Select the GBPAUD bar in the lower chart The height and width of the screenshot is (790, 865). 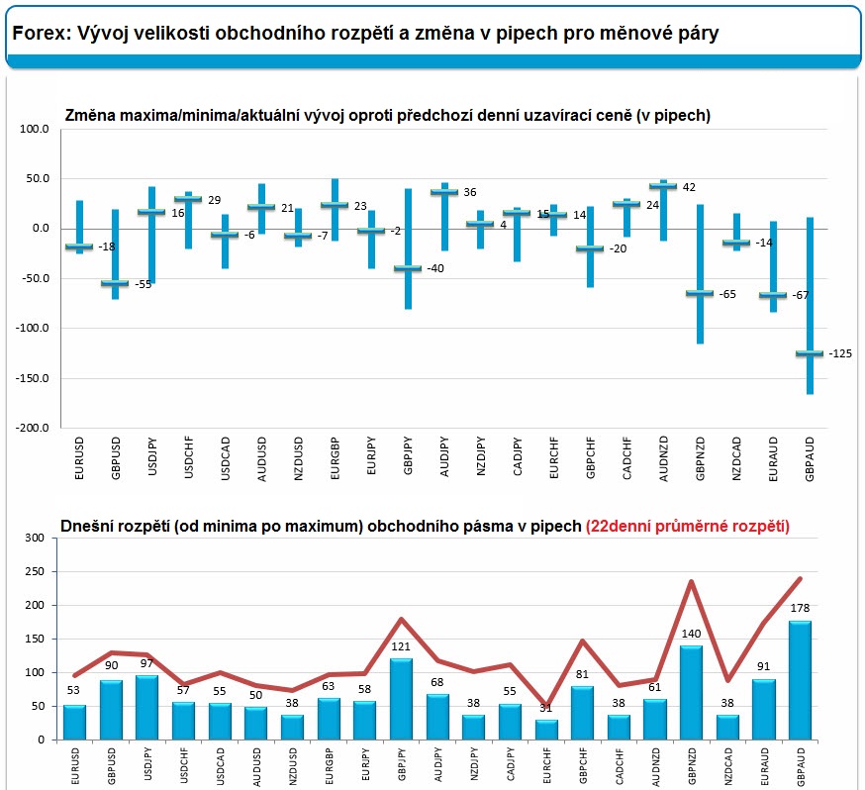pos(800,680)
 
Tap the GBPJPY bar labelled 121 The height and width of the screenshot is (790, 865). pos(401,699)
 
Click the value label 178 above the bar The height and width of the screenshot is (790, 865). pos(800,608)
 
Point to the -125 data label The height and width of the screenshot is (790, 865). pos(840,353)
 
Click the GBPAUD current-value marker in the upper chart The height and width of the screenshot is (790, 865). pos(810,353)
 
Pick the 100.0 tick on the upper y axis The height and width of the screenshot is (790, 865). pos(35,129)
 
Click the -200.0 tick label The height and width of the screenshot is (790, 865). pos(32,428)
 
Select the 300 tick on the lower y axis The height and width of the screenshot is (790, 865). pos(35,538)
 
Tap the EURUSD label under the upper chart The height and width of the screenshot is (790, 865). pos(79,458)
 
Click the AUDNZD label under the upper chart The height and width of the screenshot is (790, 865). pos(664,459)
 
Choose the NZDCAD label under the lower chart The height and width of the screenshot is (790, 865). pos(728,766)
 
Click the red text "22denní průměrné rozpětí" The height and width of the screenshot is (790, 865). pos(688,527)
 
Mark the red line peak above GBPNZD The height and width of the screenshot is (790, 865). pos(691,581)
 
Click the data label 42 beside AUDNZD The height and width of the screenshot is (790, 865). pos(689,187)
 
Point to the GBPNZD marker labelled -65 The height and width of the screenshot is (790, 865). pos(700,293)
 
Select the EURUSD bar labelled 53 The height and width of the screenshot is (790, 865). pos(74,722)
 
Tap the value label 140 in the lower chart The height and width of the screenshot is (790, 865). pos(691,634)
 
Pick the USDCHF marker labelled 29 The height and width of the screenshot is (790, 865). pos(188,199)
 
